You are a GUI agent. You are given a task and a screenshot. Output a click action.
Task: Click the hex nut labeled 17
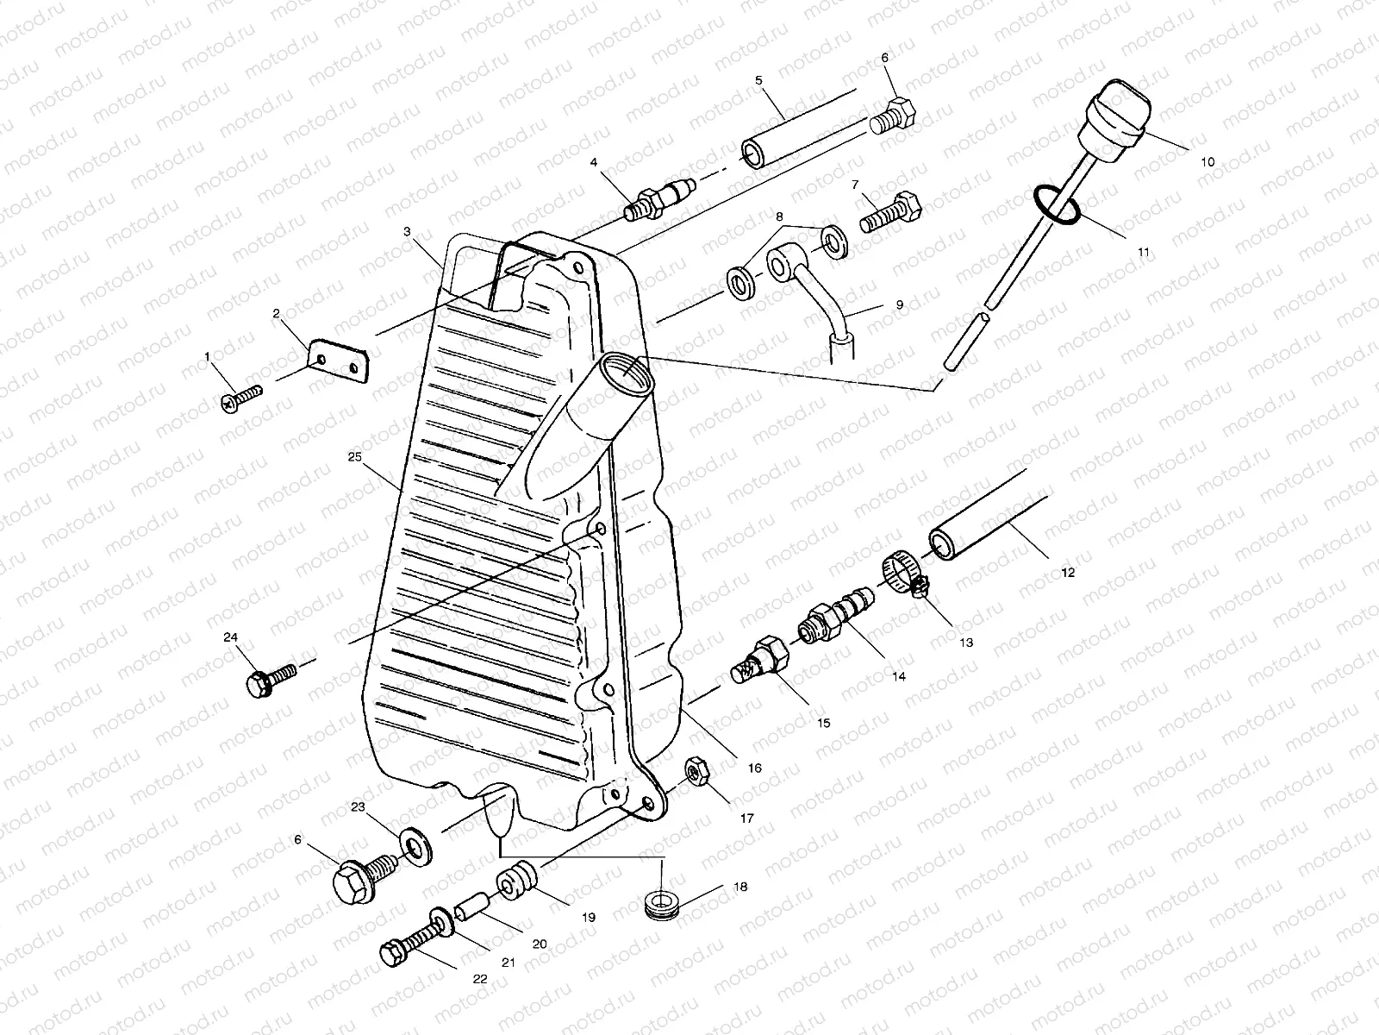point(696,771)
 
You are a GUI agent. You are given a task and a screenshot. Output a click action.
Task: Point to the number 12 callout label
point(1068,573)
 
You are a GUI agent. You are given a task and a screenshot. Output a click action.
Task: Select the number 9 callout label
point(899,304)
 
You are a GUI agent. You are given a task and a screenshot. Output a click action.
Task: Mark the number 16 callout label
point(754,768)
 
